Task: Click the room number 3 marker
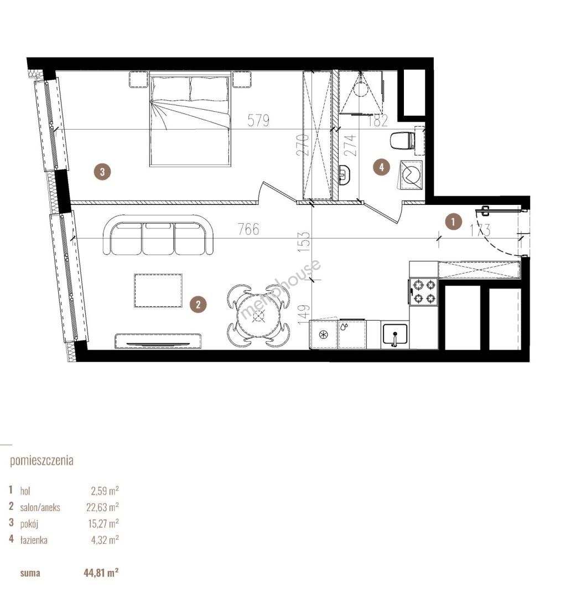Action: point(102,171)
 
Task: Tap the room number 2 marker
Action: point(198,304)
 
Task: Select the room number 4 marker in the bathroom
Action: point(382,167)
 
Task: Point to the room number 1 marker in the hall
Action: point(453,221)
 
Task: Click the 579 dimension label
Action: point(258,121)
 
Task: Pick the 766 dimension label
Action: point(248,229)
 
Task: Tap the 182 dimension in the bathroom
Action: point(377,121)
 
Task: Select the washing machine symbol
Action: point(411,174)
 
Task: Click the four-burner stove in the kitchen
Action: point(423,292)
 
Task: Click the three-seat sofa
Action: point(158,235)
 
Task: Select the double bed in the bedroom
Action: point(190,118)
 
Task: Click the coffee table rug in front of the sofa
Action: point(158,290)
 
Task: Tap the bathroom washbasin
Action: point(344,174)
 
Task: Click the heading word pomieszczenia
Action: point(41,460)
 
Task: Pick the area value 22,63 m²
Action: point(102,507)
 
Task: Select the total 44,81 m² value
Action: point(101,573)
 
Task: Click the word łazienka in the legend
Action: point(34,540)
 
